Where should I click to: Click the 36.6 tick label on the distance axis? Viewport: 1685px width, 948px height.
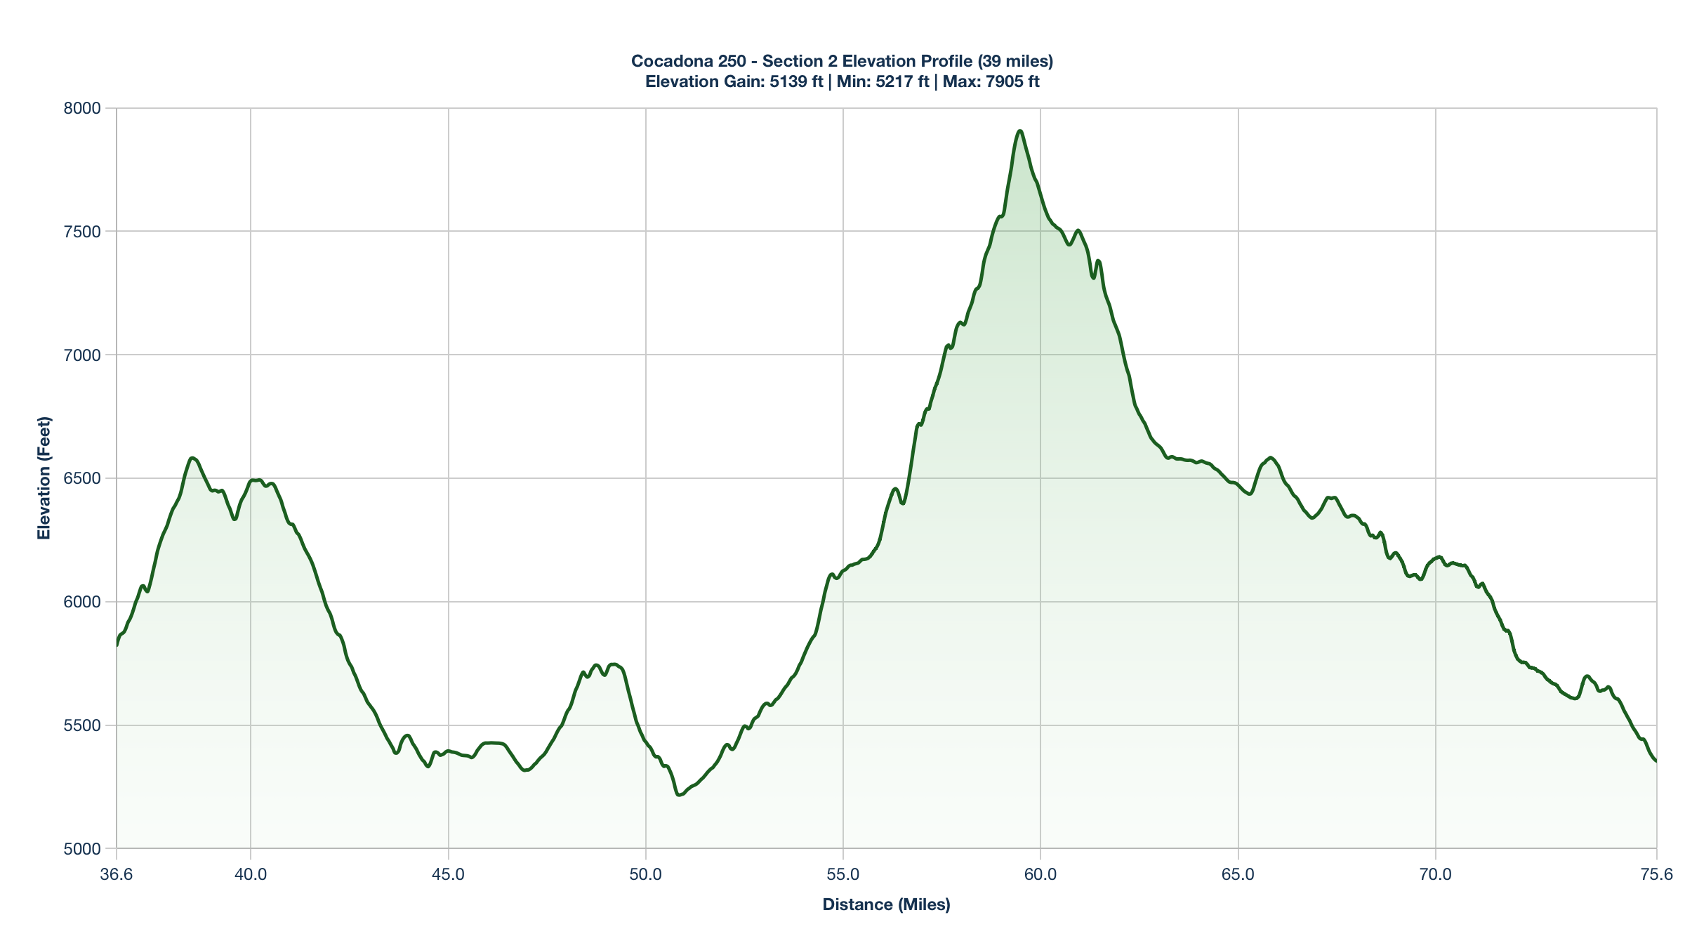(x=117, y=874)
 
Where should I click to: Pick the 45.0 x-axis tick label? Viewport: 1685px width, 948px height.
(x=448, y=874)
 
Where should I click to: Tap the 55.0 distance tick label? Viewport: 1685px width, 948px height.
(x=843, y=874)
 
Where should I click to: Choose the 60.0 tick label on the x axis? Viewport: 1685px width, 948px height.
(x=1040, y=874)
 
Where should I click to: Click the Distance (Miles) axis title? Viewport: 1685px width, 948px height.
(x=886, y=904)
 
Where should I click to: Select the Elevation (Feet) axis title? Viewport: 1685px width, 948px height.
(x=44, y=478)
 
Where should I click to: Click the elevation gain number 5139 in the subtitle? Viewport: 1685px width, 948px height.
(x=788, y=81)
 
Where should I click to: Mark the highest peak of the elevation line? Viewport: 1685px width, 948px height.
(x=1019, y=131)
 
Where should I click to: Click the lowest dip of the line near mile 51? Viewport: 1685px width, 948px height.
(x=678, y=795)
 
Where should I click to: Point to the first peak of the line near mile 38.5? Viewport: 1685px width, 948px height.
(x=192, y=458)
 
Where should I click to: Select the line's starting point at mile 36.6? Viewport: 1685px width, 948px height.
(x=117, y=645)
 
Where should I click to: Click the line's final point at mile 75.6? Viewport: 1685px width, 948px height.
(x=1656, y=761)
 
